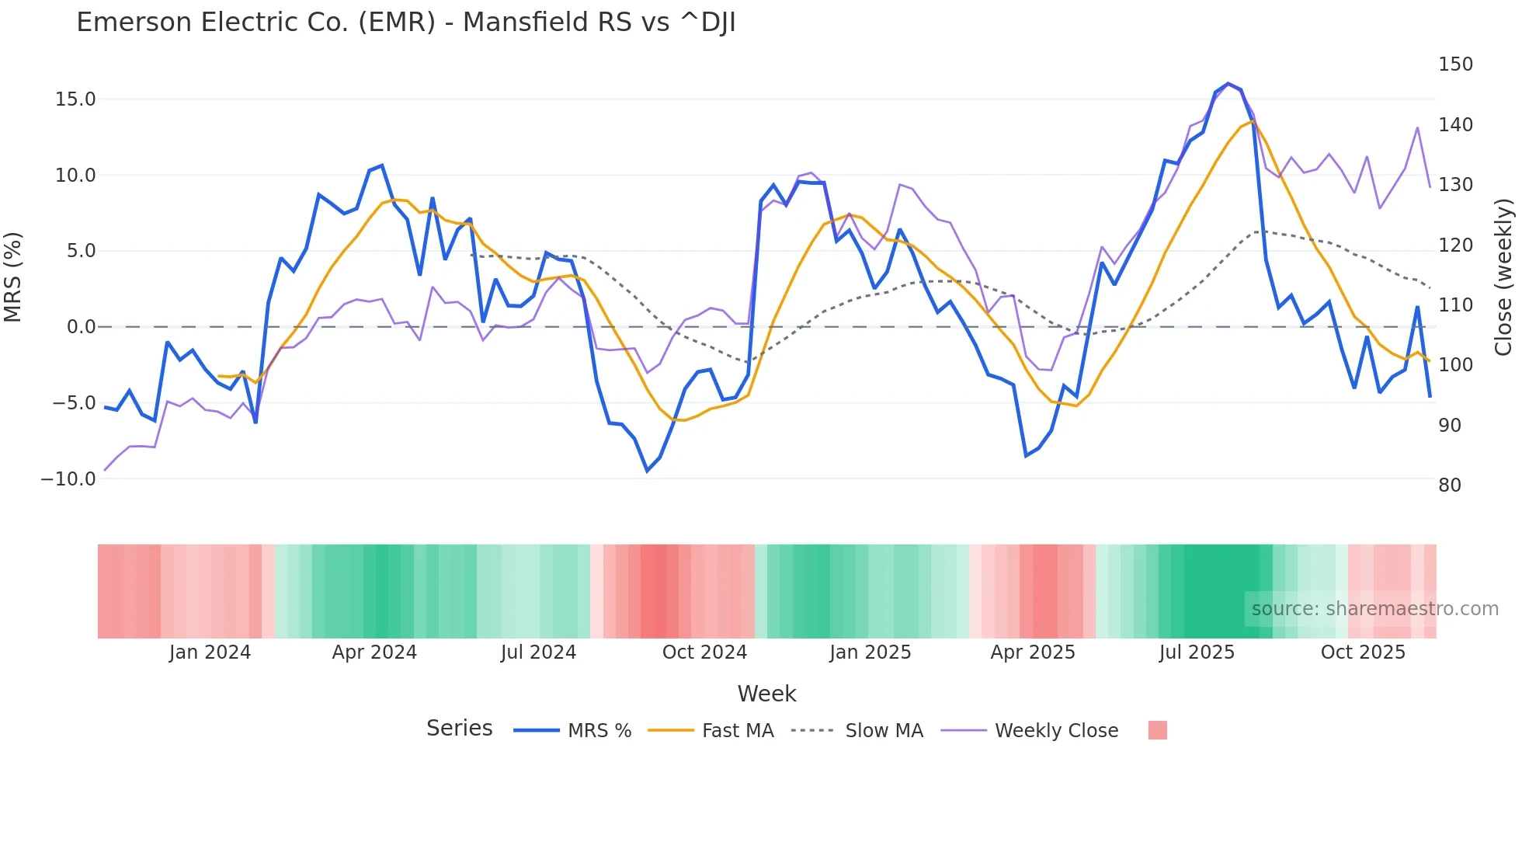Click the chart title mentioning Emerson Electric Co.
tap(405, 23)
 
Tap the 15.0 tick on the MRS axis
tap(75, 99)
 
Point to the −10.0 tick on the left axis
tap(68, 479)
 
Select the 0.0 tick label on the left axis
tap(81, 327)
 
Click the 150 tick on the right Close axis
tap(1454, 64)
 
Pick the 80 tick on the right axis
tap(1449, 485)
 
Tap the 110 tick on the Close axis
tap(1454, 305)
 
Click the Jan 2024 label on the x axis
tap(210, 652)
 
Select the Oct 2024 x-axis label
tap(704, 652)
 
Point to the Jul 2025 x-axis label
tap(1197, 652)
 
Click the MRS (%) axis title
tap(13, 277)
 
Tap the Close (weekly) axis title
tap(1504, 277)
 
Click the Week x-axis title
tap(766, 694)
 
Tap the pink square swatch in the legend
tap(1157, 730)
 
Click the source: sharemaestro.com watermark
tap(1374, 609)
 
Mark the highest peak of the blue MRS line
tap(1228, 83)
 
